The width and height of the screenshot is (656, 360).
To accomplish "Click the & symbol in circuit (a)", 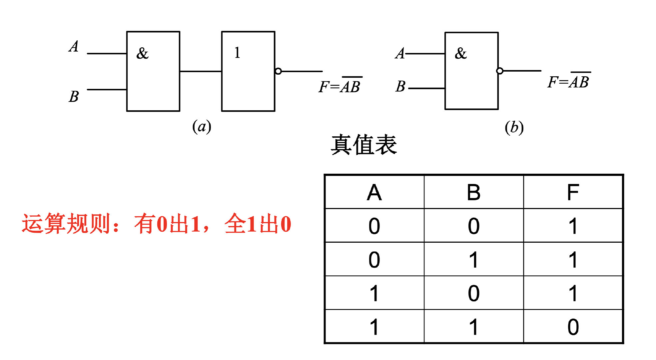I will click(x=142, y=53).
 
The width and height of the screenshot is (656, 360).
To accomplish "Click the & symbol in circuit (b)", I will click(x=461, y=53).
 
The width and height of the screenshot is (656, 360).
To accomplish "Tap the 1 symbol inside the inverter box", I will click(x=237, y=53).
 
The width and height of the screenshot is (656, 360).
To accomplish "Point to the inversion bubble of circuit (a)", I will click(x=279, y=71).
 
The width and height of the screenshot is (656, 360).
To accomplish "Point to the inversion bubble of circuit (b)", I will click(x=499, y=71).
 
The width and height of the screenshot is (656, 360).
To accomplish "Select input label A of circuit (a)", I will click(x=74, y=46).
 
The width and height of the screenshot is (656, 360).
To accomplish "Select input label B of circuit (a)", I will click(x=74, y=97).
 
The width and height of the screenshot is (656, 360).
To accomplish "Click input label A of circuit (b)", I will click(x=400, y=53).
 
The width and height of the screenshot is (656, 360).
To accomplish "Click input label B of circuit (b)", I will click(x=400, y=87).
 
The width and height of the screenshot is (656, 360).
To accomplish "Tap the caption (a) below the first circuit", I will click(x=202, y=127).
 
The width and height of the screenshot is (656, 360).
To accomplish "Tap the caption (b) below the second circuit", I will click(x=514, y=128).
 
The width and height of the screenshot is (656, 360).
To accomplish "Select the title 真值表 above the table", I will click(x=363, y=145).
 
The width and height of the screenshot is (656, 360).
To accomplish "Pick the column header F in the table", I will click(x=573, y=192).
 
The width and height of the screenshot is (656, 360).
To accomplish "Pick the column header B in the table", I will click(x=473, y=192).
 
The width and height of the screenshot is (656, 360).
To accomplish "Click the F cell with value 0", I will click(x=573, y=327).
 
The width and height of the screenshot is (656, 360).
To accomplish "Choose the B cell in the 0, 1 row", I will click(x=473, y=260).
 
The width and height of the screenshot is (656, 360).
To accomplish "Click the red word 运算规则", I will click(x=66, y=224).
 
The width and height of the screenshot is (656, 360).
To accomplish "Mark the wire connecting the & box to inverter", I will click(x=201, y=71).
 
